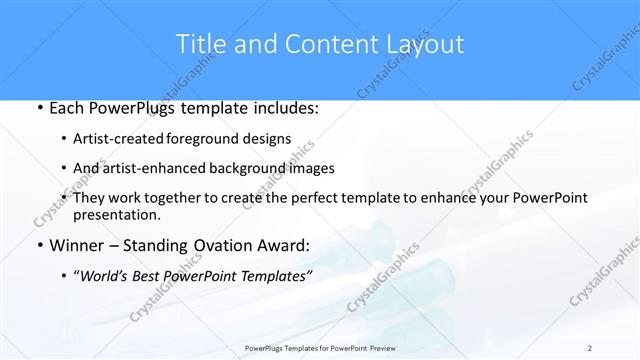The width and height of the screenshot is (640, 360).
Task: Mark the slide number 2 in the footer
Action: pyautogui.click(x=590, y=347)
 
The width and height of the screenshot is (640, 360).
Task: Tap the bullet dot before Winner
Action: pyautogui.click(x=38, y=246)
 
